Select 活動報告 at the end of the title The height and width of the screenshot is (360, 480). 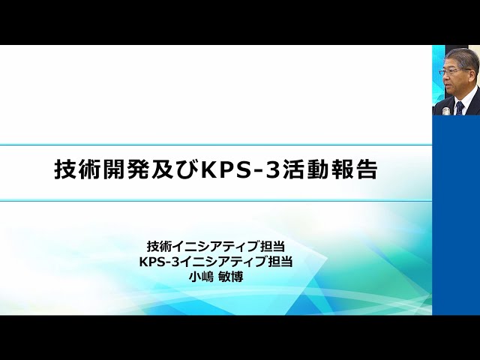[x=335, y=169]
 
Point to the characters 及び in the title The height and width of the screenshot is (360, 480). [x=169, y=169]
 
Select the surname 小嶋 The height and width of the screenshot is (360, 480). [x=202, y=277]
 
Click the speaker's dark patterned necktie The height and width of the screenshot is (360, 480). [x=458, y=106]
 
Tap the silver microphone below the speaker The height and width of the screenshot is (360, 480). [x=445, y=111]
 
